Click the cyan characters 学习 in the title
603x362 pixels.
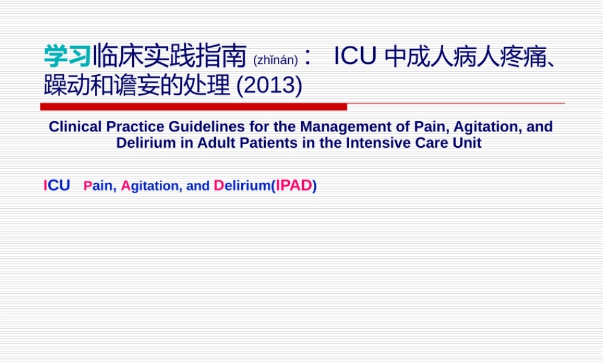click(x=68, y=57)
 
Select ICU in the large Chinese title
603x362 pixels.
click(x=356, y=57)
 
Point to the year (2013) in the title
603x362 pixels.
click(x=270, y=86)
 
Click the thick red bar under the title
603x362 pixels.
click(x=194, y=107)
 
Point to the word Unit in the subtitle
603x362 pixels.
click(x=469, y=144)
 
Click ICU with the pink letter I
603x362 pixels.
click(x=57, y=186)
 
